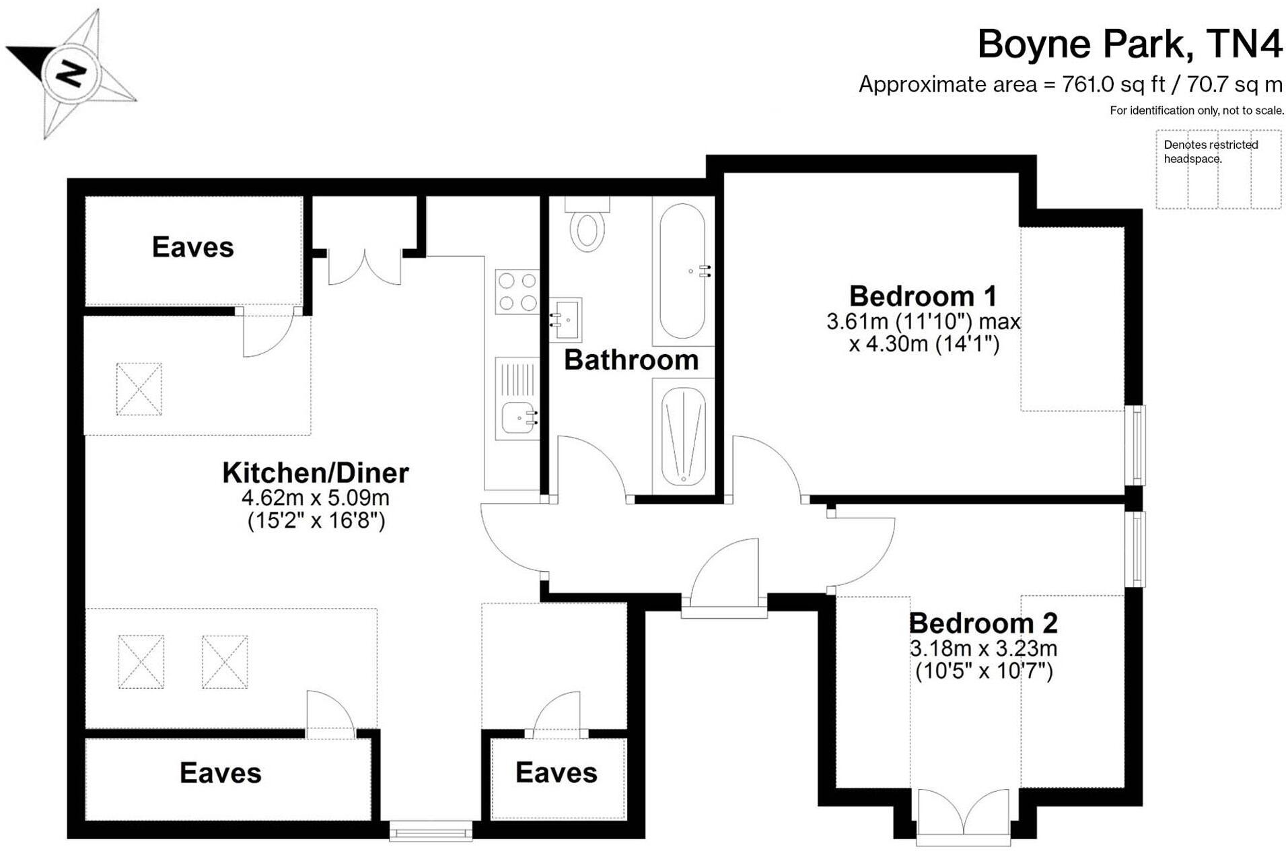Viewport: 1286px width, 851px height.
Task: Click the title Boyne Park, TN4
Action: point(1129,44)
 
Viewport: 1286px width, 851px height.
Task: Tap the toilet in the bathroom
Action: point(587,228)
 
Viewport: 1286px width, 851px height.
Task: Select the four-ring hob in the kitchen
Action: point(517,292)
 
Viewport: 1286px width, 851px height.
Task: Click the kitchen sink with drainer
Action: point(517,399)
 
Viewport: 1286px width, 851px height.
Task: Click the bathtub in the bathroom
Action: point(682,271)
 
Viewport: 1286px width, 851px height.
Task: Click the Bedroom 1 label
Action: point(922,296)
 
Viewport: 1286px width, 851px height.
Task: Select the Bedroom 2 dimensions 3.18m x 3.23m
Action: point(983,648)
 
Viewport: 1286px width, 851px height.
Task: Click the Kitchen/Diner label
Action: point(316,473)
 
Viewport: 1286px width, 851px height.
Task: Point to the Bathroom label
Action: point(631,360)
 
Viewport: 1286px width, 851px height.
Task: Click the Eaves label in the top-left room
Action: point(192,247)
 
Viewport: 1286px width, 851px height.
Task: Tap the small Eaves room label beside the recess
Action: point(556,773)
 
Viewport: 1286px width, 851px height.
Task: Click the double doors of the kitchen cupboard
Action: point(365,268)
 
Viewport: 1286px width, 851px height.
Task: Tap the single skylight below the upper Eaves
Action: point(139,389)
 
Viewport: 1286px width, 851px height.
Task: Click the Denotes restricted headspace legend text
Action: point(1210,151)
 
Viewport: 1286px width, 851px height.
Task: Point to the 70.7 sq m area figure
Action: point(1235,85)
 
